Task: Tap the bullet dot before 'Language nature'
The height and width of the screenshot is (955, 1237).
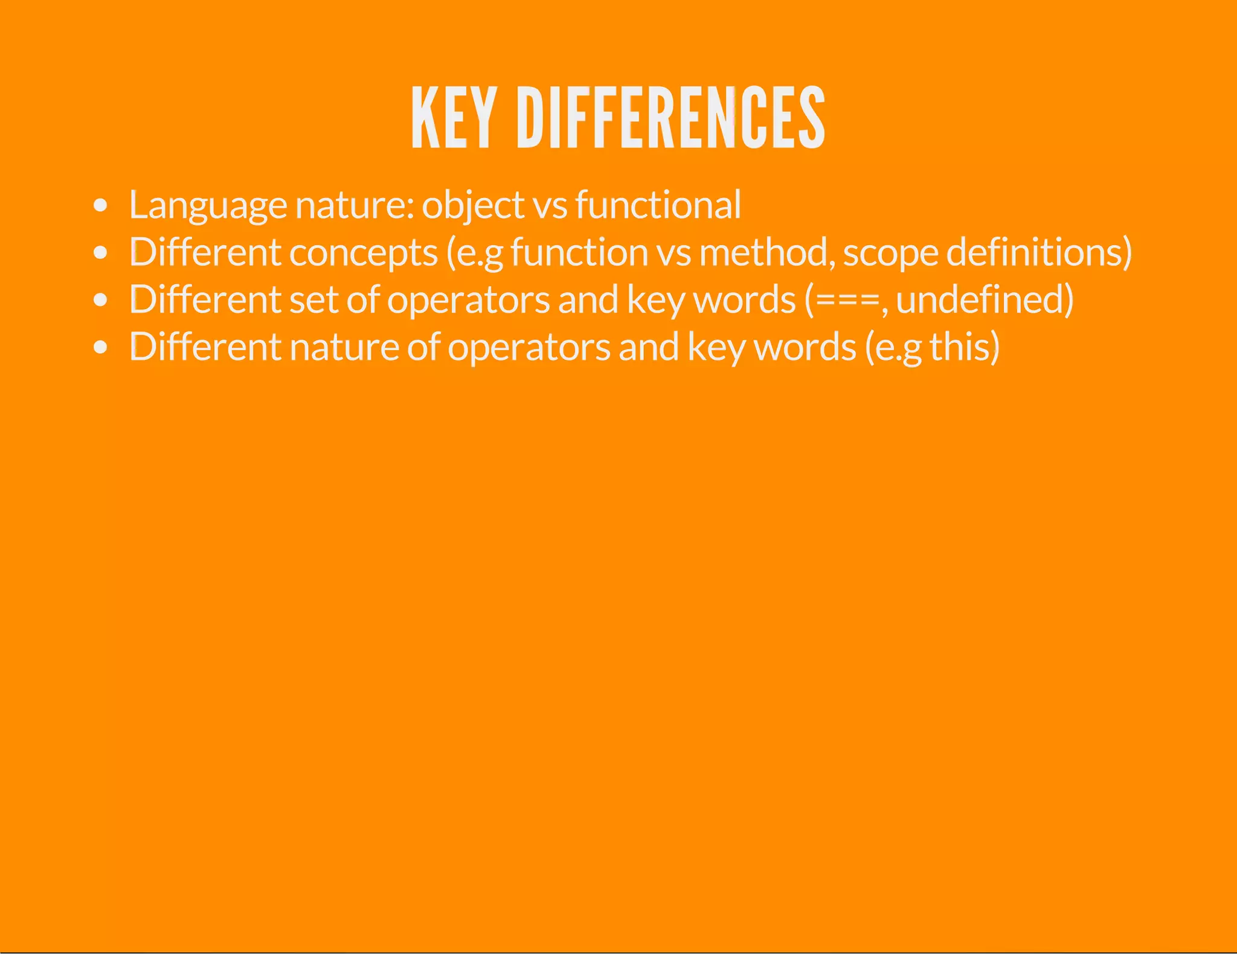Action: point(101,205)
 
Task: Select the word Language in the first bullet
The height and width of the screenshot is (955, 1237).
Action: point(208,205)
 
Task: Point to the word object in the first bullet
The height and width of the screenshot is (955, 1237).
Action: point(473,205)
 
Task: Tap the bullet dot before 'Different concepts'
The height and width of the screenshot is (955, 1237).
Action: point(101,252)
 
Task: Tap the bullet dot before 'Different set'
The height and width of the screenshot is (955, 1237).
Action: point(101,299)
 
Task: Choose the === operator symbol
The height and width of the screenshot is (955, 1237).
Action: point(847,300)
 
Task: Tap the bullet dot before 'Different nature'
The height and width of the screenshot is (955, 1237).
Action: point(101,347)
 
